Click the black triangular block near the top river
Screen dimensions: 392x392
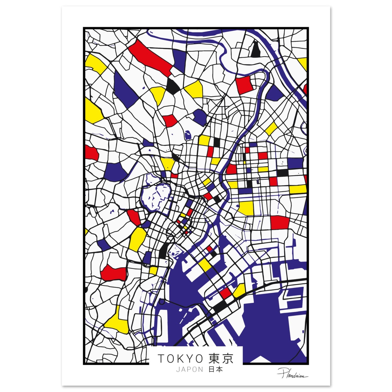point(255,50)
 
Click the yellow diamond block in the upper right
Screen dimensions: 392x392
point(271,128)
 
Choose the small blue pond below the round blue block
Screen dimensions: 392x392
point(188,135)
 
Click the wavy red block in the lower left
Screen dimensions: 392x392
point(113,272)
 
